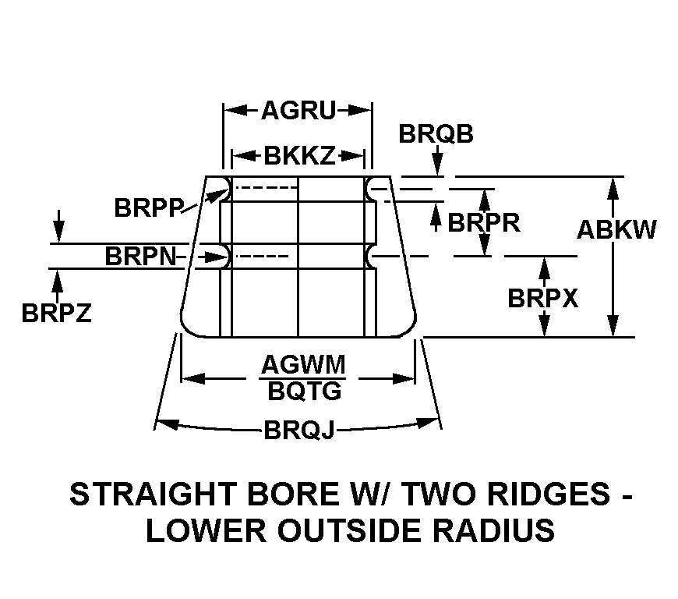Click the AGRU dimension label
(x=298, y=111)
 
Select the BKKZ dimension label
(x=299, y=155)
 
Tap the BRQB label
(x=436, y=133)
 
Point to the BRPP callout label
(x=149, y=207)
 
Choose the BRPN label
(x=140, y=257)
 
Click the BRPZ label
(x=57, y=313)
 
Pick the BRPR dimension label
(x=484, y=223)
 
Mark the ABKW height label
(x=617, y=229)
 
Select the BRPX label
(x=542, y=298)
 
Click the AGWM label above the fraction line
(x=303, y=364)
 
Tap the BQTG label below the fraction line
(x=305, y=392)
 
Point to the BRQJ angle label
(x=299, y=431)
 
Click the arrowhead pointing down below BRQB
(x=438, y=165)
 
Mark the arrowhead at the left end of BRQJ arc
(x=166, y=424)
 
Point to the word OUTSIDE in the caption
(x=349, y=530)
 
